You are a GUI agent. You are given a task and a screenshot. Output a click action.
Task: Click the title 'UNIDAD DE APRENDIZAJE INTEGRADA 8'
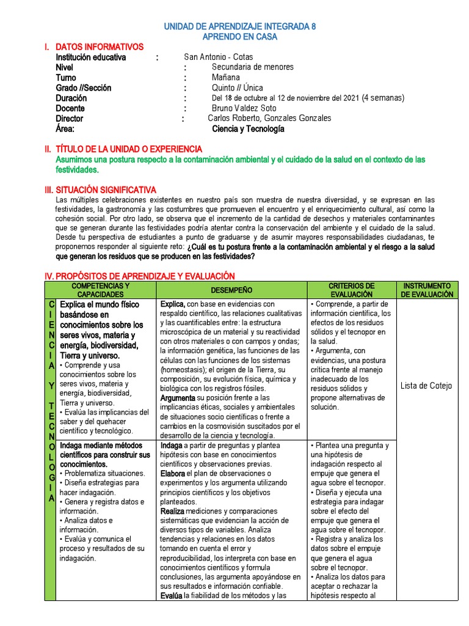point(239,27)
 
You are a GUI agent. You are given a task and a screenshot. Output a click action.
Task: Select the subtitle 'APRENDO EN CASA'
point(239,37)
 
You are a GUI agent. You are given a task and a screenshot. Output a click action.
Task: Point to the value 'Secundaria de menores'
point(252,67)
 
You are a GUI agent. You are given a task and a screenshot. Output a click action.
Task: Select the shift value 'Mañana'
point(226,78)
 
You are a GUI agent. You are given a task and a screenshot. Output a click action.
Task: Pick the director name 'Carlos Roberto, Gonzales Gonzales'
point(269,118)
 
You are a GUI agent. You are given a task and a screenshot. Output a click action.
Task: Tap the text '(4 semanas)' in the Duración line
point(382,98)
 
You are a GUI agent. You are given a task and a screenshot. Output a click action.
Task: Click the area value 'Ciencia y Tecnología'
point(248,129)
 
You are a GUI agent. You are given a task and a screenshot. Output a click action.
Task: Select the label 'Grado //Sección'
point(84,88)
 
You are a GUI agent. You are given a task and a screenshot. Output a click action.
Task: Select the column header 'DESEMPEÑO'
point(231,290)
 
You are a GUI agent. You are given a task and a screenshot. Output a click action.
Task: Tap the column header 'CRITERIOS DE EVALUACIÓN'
point(351,290)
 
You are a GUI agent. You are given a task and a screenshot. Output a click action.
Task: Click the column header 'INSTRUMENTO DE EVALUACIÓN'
point(427,290)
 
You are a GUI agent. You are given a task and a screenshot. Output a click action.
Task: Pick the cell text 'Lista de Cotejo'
point(426,386)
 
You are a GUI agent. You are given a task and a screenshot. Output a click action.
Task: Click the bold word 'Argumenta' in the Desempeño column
point(178,398)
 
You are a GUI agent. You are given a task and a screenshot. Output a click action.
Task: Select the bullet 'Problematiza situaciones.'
point(105,473)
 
